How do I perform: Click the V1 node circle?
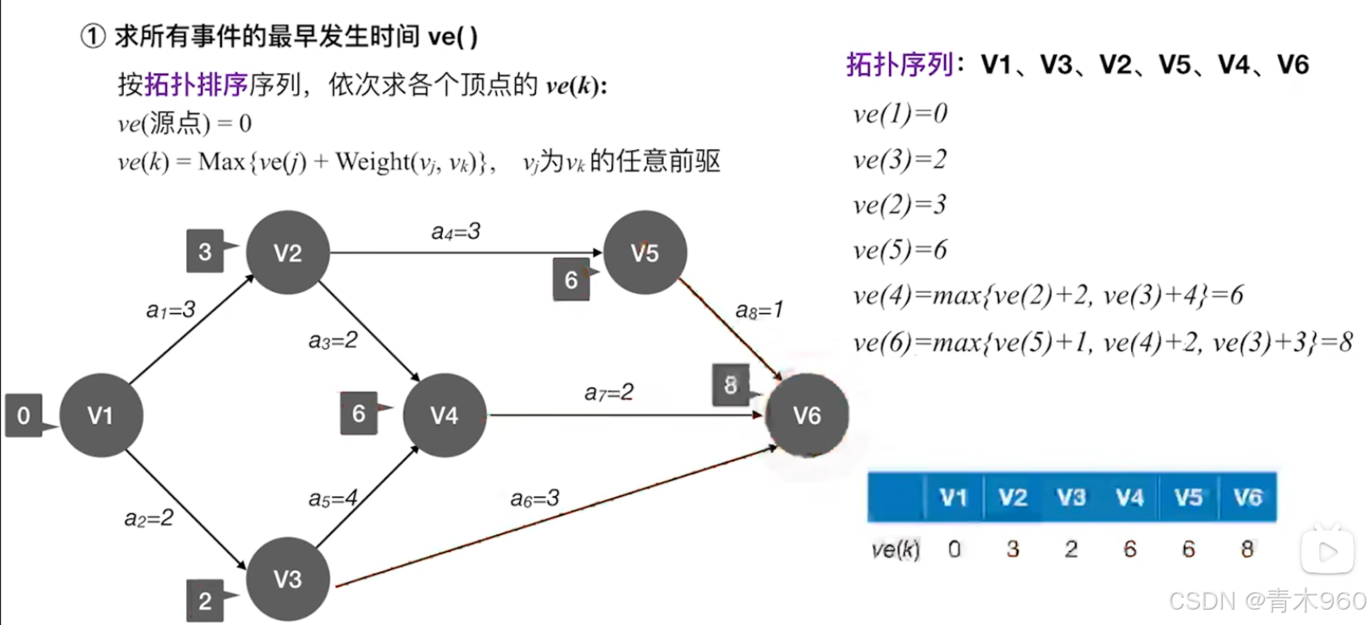tap(101, 415)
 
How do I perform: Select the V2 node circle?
tap(287, 253)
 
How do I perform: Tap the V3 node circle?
tap(287, 579)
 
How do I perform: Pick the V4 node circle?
tap(445, 415)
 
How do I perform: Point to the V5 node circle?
tap(645, 253)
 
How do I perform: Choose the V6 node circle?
tap(807, 415)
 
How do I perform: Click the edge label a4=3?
tap(455, 232)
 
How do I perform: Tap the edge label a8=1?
tap(759, 310)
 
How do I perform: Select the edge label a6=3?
tap(534, 499)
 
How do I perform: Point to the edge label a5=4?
tap(333, 499)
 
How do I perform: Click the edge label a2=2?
tap(148, 518)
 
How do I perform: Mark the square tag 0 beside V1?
tap(23, 415)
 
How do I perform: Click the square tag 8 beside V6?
tap(730, 385)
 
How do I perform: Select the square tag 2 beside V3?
tap(205, 601)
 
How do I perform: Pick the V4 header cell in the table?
tap(1130, 497)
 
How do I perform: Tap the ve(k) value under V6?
tap(1247, 550)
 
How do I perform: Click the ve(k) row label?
tap(896, 550)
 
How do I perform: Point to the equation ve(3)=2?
tap(900, 159)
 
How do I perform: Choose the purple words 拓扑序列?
tap(899, 64)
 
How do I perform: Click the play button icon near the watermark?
tap(1328, 551)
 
